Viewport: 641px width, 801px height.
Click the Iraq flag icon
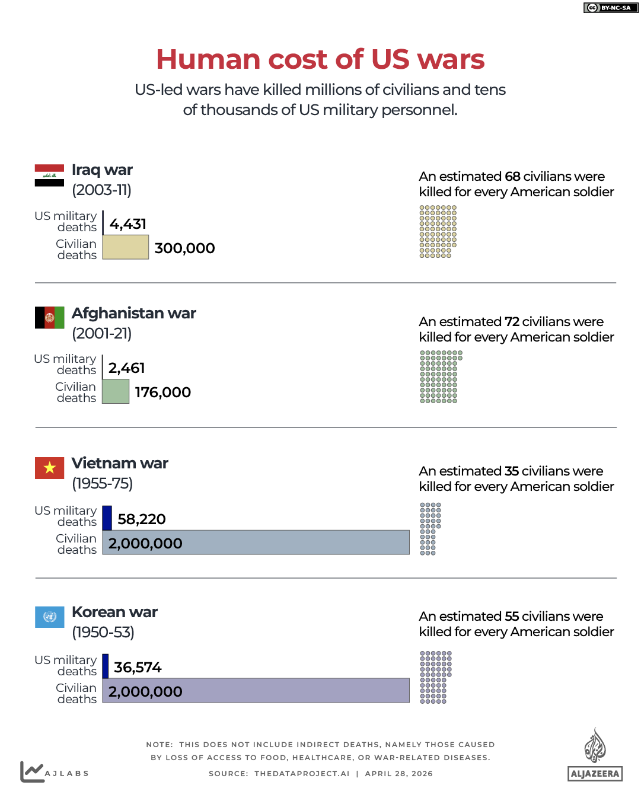[49, 175]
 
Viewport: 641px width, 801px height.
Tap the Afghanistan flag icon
[49, 318]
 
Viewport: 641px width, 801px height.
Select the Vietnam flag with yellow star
[49, 468]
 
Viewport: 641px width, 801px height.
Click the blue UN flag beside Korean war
[49, 617]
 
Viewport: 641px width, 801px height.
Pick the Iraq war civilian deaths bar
[125, 247]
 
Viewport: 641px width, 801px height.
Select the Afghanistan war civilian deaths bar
[116, 391]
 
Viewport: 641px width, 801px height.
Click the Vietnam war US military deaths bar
[107, 518]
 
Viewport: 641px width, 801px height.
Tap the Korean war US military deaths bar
[106, 666]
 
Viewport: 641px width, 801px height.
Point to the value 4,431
[128, 224]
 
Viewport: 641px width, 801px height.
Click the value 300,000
[184, 248]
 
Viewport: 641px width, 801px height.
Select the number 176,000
[163, 392]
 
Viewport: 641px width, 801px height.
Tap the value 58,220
[142, 519]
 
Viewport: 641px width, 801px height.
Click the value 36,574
[138, 668]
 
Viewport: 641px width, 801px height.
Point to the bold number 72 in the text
[512, 322]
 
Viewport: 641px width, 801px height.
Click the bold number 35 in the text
[512, 471]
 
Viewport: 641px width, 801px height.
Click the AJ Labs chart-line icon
[32, 771]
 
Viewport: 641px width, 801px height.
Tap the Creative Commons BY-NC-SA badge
[611, 8]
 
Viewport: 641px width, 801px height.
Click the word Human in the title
[208, 59]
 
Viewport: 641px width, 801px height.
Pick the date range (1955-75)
[102, 484]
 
